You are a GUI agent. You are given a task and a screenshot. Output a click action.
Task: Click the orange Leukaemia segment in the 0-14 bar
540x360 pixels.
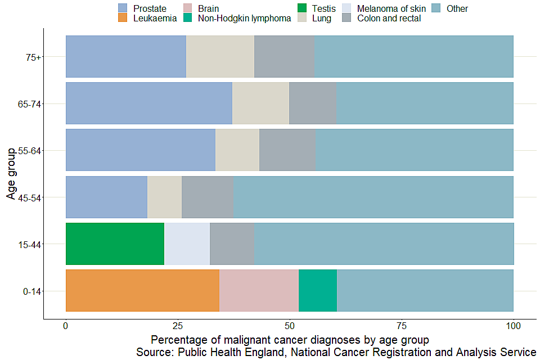tap(142, 290)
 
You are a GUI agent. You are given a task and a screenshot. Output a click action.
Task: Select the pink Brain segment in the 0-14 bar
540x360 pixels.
tap(259, 290)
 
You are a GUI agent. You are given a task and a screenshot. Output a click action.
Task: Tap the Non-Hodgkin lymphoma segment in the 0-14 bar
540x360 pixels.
tap(318, 290)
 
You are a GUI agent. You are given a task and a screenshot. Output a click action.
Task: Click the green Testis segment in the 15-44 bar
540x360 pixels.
tap(115, 244)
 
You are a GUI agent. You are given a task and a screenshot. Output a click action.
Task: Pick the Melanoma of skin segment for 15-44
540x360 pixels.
tap(187, 244)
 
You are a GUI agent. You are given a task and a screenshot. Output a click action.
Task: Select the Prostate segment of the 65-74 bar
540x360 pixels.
tap(149, 103)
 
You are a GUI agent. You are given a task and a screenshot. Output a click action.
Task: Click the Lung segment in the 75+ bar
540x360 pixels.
tap(220, 56)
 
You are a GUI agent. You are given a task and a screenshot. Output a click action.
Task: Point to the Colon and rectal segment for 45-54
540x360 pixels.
tap(208, 197)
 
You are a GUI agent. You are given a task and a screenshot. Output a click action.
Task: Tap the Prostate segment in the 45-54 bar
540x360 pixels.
tap(106, 197)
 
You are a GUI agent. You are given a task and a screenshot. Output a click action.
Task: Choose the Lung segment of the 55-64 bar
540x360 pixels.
tap(237, 150)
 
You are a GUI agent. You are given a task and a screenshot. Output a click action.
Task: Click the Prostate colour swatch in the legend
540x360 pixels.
tap(123, 8)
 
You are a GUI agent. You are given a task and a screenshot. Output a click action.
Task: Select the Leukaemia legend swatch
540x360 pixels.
tap(123, 18)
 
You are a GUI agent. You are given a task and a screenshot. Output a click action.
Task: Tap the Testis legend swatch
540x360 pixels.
tap(302, 8)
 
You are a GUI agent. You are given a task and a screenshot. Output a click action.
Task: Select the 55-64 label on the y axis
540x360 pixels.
tap(29, 151)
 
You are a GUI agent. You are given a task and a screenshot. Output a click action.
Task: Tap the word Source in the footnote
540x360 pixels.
tap(154, 353)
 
